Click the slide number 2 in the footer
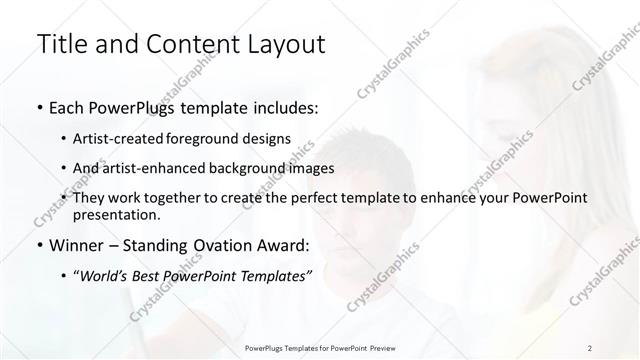coord(590,348)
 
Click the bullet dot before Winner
coord(39,246)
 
